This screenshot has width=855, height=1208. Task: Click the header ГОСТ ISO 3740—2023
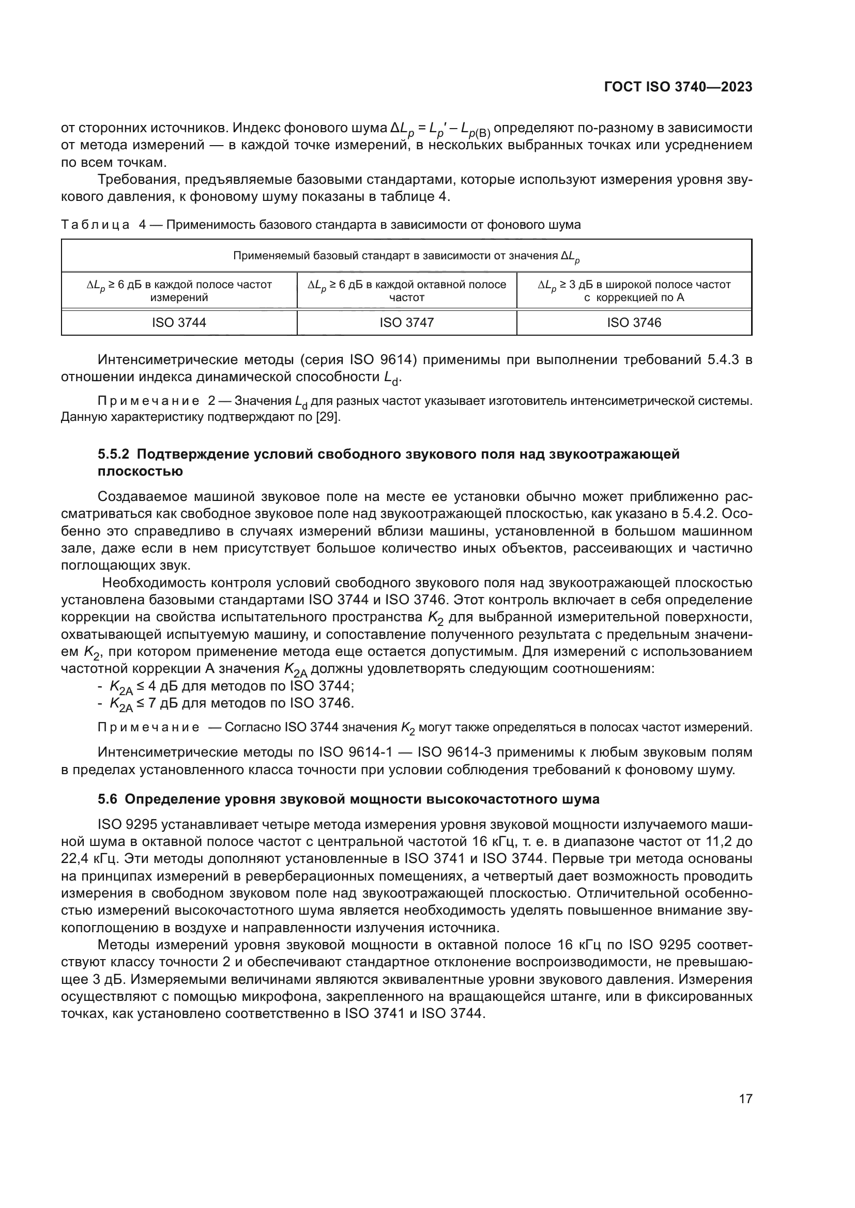coord(678,87)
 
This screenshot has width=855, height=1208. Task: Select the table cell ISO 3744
coord(179,322)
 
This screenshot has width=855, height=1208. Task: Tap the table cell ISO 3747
coord(406,322)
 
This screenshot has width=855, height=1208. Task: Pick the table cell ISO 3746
coord(634,322)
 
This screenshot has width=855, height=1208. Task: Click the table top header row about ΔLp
coord(406,256)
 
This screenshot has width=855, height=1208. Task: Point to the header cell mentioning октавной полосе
coord(406,291)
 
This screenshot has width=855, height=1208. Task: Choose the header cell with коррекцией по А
coord(634,291)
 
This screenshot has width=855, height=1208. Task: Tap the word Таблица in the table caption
coord(95,225)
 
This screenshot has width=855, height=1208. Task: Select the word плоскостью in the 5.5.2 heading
coord(141,471)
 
